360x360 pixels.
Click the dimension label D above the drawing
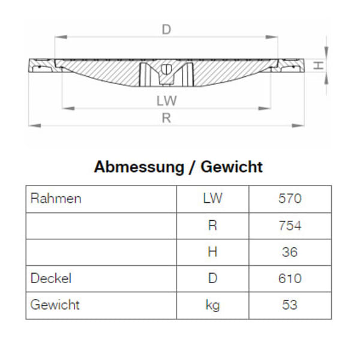(x=166, y=28)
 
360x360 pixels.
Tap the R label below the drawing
(x=166, y=118)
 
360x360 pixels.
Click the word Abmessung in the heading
(x=137, y=167)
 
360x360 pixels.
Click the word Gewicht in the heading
(x=232, y=167)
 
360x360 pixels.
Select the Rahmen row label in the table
(x=56, y=199)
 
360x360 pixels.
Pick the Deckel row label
(x=51, y=278)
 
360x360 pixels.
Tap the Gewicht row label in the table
(x=55, y=305)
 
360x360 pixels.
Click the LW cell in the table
(x=212, y=199)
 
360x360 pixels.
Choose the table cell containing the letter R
(x=212, y=226)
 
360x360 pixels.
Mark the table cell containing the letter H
(x=212, y=252)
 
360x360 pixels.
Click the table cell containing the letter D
(x=212, y=278)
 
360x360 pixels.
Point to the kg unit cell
(x=212, y=305)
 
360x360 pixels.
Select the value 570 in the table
(x=290, y=199)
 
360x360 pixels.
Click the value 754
(x=290, y=226)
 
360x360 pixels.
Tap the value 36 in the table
(x=290, y=252)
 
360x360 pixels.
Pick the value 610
(x=290, y=278)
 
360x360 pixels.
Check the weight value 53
(x=290, y=305)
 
